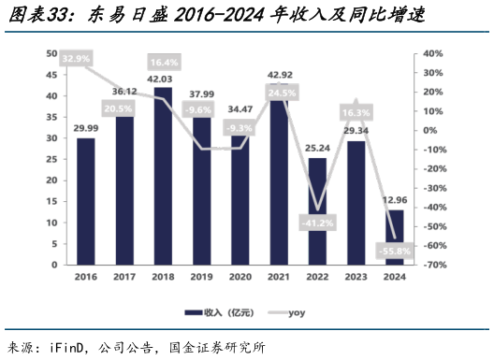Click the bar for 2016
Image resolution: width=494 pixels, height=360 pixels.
pos(85,201)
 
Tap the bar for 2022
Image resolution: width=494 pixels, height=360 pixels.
pos(317,211)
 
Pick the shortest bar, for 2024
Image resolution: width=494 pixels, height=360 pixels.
pos(395,237)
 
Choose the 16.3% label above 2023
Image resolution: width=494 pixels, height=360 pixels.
pos(356,112)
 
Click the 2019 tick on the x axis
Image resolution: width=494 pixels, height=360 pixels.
pos(201,278)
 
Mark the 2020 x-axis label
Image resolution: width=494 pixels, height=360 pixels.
pos(240,278)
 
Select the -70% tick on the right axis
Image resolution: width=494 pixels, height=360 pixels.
pos(432,266)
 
